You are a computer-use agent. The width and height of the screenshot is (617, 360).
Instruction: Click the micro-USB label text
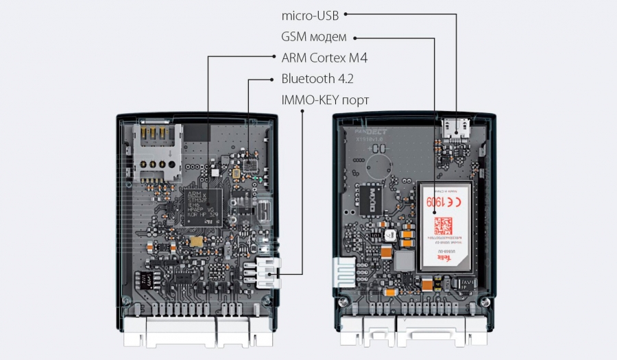pyautogui.click(x=310, y=14)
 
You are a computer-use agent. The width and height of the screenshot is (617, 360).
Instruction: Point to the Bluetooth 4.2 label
pyautogui.click(x=317, y=79)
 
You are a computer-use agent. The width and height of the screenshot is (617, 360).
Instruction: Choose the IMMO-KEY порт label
pyautogui.click(x=325, y=100)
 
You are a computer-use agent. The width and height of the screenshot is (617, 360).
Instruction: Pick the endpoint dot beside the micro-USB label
pyautogui.click(x=346, y=13)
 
